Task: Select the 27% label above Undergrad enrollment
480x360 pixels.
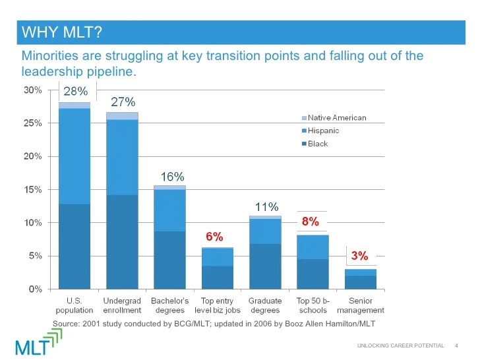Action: (123, 102)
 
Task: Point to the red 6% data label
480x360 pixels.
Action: (214, 236)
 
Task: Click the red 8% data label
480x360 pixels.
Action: (311, 222)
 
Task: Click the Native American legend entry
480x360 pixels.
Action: (337, 118)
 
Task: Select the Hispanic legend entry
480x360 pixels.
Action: (323, 131)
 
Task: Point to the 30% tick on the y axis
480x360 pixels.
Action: (33, 90)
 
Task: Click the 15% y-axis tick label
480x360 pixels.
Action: (33, 190)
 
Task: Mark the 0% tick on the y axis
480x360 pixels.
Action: (36, 289)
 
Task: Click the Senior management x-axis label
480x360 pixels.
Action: (360, 306)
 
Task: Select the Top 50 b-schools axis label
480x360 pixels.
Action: (313, 306)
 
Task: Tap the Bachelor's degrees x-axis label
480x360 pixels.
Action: (170, 306)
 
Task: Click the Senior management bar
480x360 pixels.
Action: (361, 279)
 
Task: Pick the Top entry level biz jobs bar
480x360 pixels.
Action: (218, 268)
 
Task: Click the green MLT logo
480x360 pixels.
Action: (40, 341)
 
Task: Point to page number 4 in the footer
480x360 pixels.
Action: (457, 346)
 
